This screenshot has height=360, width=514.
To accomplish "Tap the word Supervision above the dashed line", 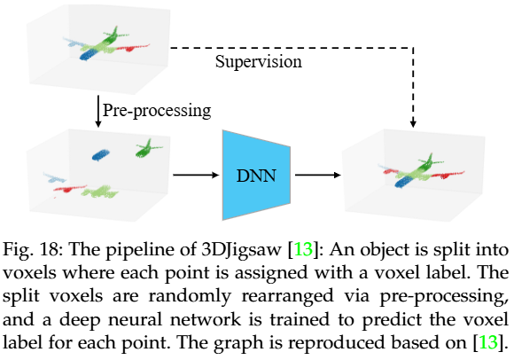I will point(258,63).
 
